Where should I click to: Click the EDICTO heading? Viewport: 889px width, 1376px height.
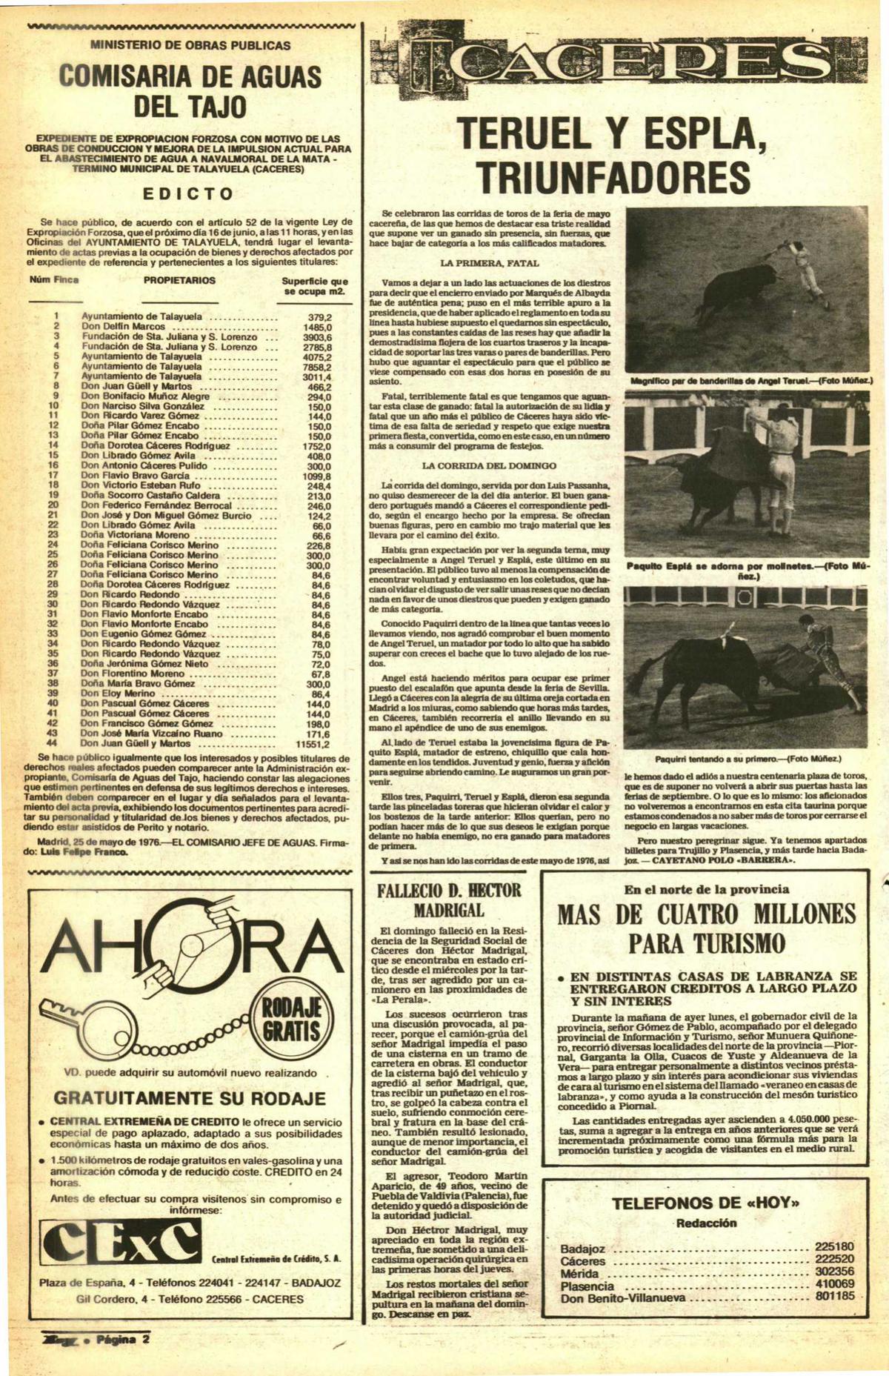188,193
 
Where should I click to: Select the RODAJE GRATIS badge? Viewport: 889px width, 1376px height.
287,1019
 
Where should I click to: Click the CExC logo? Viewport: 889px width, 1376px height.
121,1243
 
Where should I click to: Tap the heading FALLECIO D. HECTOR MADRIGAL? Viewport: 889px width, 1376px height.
449,900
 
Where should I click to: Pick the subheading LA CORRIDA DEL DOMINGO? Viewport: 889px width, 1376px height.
488,466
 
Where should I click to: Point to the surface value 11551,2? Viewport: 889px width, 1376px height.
313,743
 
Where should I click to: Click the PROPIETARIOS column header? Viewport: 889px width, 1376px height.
179,281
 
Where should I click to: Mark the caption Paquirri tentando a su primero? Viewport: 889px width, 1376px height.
746,760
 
